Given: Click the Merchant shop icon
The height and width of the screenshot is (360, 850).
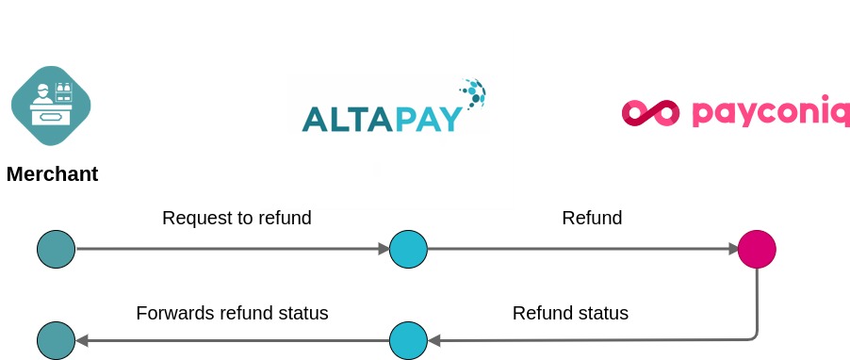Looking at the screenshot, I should [51, 105].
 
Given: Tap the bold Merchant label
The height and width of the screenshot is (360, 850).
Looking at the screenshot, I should [52, 174].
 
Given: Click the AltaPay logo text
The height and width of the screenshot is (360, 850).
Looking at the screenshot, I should [383, 118].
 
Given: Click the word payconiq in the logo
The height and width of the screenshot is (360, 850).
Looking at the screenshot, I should [769, 112].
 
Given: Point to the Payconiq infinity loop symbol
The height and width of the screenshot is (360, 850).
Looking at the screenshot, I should [650, 113].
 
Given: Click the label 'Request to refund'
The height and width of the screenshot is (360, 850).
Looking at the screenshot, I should [237, 219].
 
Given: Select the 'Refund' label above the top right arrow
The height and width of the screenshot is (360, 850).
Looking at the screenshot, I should [592, 219].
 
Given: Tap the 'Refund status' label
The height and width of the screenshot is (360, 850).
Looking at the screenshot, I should [570, 313].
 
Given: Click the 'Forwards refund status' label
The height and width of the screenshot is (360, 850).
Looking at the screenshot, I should [232, 313].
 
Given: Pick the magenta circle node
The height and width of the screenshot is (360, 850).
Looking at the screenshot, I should [757, 249].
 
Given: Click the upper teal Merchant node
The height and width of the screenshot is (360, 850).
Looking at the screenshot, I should [56, 249].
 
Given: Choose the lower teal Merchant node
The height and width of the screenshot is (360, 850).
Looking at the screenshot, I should [56, 340].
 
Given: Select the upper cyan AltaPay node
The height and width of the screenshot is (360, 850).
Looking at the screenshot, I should [408, 249].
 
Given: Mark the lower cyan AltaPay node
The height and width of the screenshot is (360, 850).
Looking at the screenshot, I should [408, 340].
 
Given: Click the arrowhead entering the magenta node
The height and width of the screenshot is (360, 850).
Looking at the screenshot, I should [732, 249].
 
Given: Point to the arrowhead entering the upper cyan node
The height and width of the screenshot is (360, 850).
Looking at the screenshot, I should [384, 249].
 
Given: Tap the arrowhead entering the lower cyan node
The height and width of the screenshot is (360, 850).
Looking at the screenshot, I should [433, 340].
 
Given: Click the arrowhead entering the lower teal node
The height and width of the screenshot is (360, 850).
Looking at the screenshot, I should [81, 340].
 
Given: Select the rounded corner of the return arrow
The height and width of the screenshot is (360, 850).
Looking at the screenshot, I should [753, 335].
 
